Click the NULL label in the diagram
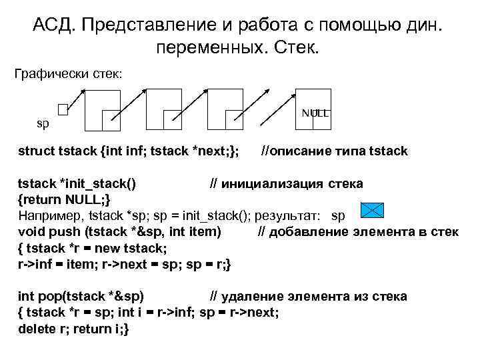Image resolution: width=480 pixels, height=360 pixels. (x=315, y=113)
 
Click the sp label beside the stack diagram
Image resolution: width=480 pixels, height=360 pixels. (x=42, y=123)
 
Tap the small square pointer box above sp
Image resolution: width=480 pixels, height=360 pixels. (x=63, y=109)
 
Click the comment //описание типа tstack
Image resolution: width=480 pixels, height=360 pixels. (x=334, y=151)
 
